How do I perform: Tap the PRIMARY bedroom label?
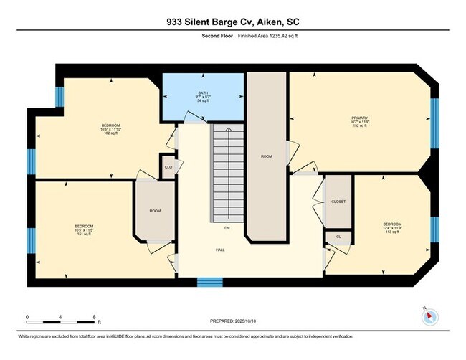[x=359, y=117]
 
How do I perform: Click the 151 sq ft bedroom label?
[x=85, y=227]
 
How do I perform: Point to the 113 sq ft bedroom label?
[x=392, y=224]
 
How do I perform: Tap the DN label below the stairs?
[x=227, y=228]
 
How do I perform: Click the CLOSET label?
[x=338, y=202]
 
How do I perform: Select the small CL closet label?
[x=337, y=236]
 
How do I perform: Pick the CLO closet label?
[x=168, y=167]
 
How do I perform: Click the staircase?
[x=227, y=172]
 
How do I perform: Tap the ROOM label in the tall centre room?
[x=267, y=155]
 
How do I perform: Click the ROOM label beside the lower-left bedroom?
[x=155, y=210]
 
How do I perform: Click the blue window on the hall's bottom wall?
[x=209, y=281]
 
